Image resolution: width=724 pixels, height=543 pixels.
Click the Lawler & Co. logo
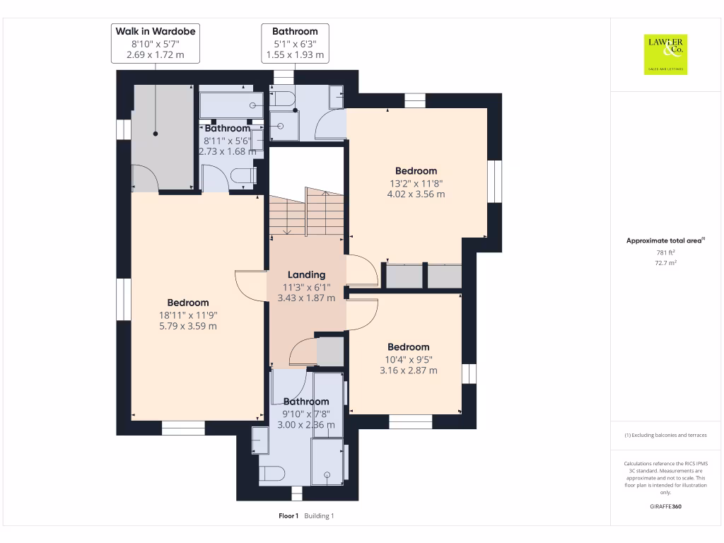(665, 54)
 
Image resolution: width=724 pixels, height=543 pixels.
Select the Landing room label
(307, 275)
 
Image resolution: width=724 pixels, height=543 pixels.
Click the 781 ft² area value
(665, 252)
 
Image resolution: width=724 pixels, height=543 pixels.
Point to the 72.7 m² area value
(665, 263)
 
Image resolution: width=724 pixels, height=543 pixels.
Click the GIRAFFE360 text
(665, 506)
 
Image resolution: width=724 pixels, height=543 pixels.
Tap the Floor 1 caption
(288, 515)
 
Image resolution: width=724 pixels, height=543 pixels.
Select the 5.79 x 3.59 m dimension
(188, 326)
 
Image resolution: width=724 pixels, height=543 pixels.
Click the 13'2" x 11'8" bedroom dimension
(416, 183)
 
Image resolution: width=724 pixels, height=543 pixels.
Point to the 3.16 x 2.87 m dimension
(409, 370)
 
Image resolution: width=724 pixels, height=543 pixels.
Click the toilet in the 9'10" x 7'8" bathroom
(271, 474)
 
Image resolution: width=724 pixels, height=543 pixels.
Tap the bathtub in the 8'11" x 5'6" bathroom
(231, 105)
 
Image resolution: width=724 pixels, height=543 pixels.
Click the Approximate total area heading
(665, 240)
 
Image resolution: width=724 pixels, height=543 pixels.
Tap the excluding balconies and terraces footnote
(665, 435)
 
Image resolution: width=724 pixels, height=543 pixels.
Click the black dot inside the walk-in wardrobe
(156, 134)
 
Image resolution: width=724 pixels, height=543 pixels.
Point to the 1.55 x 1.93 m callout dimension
(295, 54)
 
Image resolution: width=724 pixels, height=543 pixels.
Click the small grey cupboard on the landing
(330, 351)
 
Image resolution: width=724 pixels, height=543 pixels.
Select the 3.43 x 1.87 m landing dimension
(307, 298)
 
